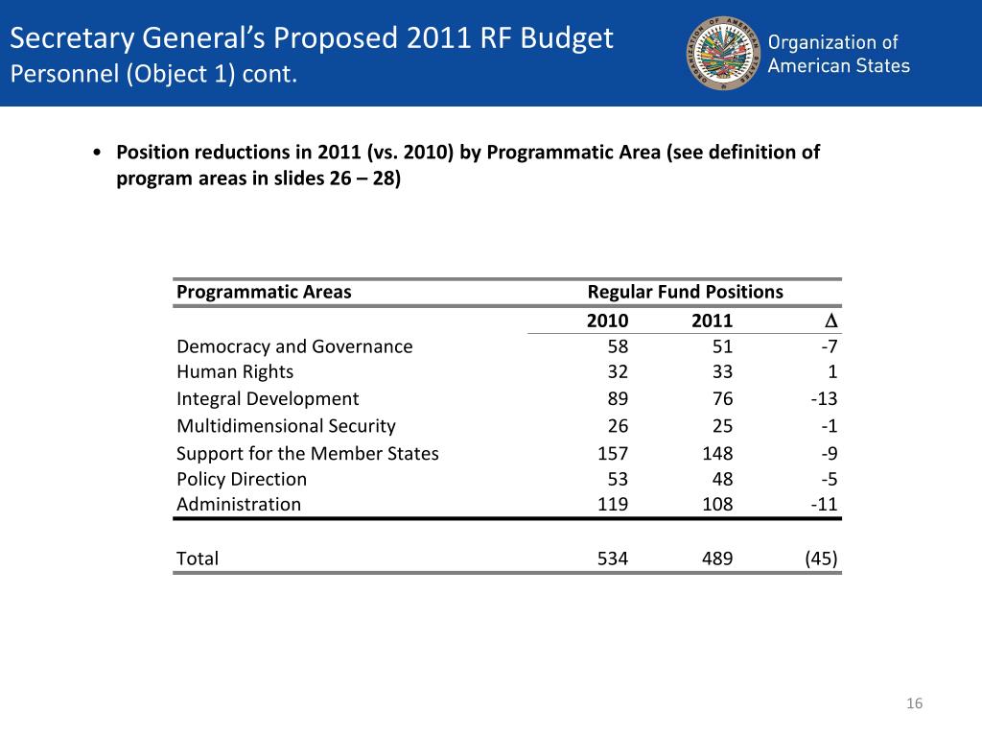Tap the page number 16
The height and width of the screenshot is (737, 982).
[914, 705]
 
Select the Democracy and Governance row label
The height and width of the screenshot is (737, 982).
[294, 346]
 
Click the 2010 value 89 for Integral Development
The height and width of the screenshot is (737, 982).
[618, 399]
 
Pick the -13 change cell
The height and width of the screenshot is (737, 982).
[824, 399]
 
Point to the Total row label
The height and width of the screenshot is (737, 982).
[198, 559]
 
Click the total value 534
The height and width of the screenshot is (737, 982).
[613, 559]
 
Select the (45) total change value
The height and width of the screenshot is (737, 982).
[821, 559]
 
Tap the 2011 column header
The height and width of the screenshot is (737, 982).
[712, 321]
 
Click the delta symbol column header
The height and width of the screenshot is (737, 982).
[831, 321]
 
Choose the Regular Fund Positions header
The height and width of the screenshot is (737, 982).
[685, 292]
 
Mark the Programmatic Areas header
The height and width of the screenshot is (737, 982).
[264, 292]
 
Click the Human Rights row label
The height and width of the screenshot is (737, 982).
[235, 371]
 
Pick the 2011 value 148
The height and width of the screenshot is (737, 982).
[717, 454]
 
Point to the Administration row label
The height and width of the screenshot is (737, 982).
[239, 504]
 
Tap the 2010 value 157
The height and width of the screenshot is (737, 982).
[613, 454]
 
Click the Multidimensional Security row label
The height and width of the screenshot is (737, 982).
[286, 426]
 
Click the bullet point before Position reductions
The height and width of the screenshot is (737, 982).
[98, 154]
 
